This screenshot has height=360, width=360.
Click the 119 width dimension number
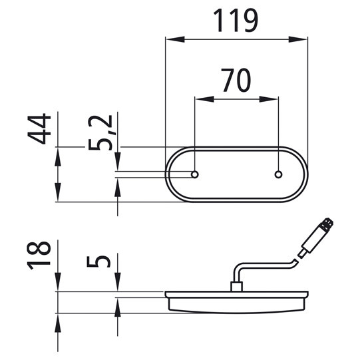pyautogui.click(x=236, y=21)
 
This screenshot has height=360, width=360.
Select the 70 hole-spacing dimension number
pyautogui.click(x=236, y=81)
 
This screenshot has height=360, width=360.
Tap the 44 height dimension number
pyautogui.click(x=39, y=129)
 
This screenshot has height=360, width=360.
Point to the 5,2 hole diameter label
pyautogui.click(x=100, y=132)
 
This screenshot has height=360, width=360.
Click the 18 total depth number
pyautogui.click(x=39, y=256)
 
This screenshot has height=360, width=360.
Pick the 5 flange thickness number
pyautogui.click(x=98, y=262)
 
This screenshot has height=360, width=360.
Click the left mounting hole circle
pyautogui.click(x=195, y=174)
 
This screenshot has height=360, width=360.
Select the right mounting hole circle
pyautogui.click(x=279, y=174)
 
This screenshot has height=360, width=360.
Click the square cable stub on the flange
pyautogui.click(x=237, y=287)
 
